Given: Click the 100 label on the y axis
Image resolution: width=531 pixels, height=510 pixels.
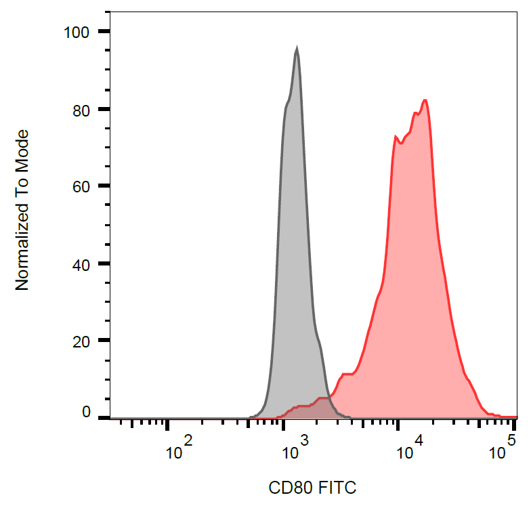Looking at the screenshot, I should (76, 31).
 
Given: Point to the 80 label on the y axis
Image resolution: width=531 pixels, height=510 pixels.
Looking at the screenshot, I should (81, 109).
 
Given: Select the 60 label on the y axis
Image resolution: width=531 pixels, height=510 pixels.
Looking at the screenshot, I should (81, 186).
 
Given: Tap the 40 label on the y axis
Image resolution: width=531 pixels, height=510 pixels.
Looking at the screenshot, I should (81, 263).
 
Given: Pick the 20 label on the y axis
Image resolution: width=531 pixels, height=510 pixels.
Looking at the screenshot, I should (81, 341).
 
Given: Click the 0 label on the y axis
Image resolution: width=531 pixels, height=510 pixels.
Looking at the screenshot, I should (86, 412).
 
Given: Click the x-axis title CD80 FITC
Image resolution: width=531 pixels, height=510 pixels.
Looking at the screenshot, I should (312, 487).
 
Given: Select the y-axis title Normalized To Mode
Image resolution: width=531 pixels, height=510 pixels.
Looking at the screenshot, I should (23, 211).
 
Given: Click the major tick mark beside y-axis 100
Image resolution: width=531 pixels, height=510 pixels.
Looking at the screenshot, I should (104, 31).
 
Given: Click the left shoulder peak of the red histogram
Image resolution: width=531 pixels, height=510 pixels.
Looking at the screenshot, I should (396, 137).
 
